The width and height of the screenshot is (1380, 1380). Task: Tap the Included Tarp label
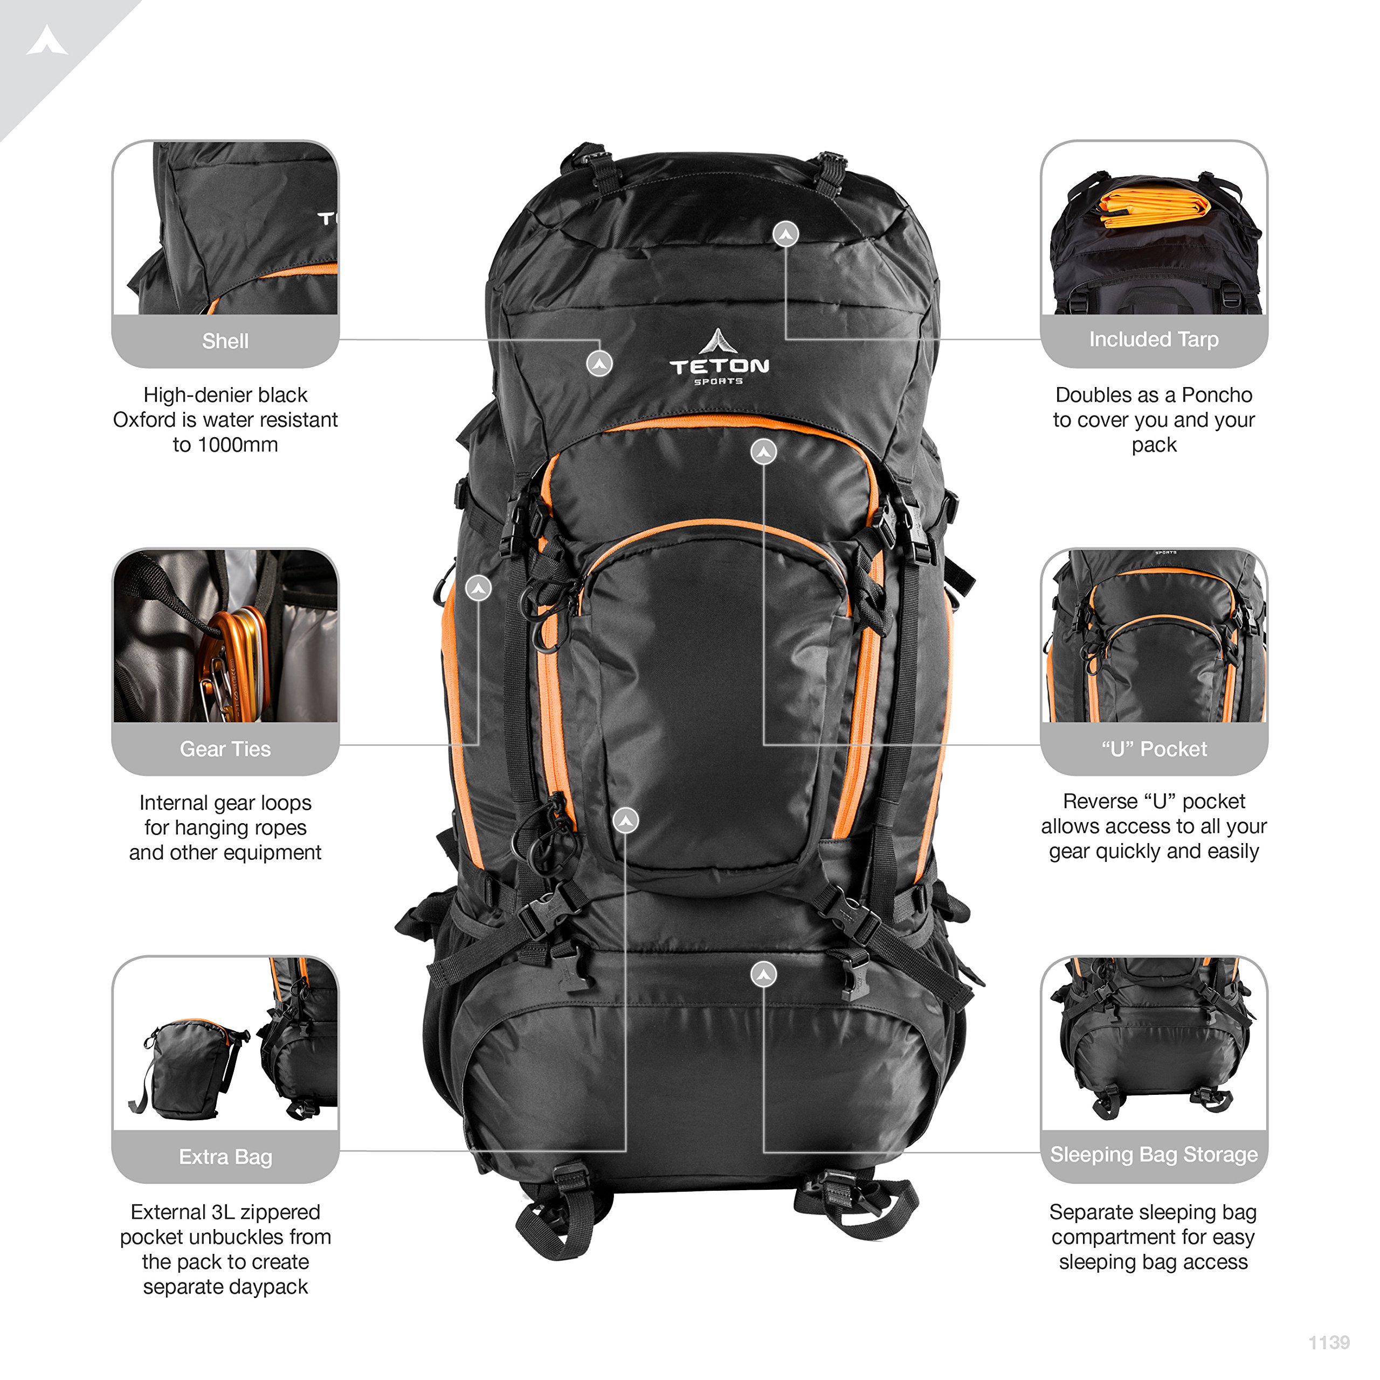click(1154, 340)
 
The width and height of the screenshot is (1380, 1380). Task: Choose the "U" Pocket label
click(1154, 749)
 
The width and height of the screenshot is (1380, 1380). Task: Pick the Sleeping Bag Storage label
click(1154, 1155)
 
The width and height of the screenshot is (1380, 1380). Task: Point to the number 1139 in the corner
click(1329, 1343)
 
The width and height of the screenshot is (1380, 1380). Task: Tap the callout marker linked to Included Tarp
click(786, 233)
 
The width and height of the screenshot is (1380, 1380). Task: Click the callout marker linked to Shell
click(599, 363)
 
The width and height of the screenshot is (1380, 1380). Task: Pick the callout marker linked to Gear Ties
click(479, 589)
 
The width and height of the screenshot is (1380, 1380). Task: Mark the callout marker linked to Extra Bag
click(626, 820)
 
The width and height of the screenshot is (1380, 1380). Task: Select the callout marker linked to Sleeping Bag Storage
click(763, 974)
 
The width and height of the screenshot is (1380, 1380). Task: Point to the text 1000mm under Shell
click(237, 445)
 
